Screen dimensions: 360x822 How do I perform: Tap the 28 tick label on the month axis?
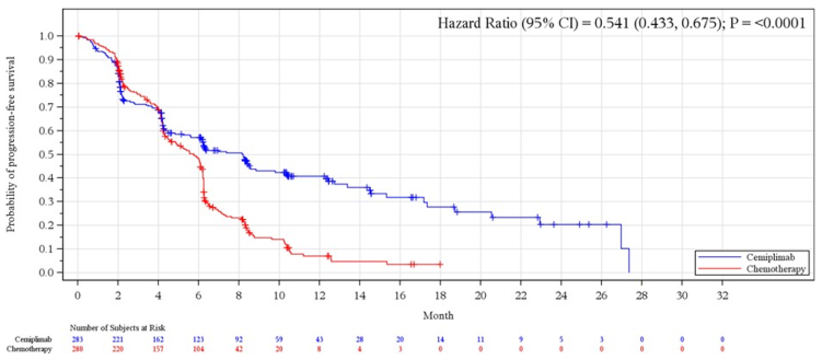[641, 295]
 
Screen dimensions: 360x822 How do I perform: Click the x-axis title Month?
[438, 315]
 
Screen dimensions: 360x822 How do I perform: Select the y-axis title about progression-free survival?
[11, 144]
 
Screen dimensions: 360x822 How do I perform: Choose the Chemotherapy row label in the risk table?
[33, 350]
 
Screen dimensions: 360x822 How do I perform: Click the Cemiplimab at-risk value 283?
[77, 340]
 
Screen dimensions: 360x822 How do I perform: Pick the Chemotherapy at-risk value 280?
[77, 350]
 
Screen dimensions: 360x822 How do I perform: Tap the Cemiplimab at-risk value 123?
[198, 340]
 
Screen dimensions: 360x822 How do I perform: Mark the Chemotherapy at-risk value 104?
[198, 350]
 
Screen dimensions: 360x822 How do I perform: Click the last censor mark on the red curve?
[440, 264]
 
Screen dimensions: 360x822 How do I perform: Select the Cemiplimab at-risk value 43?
[319, 340]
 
